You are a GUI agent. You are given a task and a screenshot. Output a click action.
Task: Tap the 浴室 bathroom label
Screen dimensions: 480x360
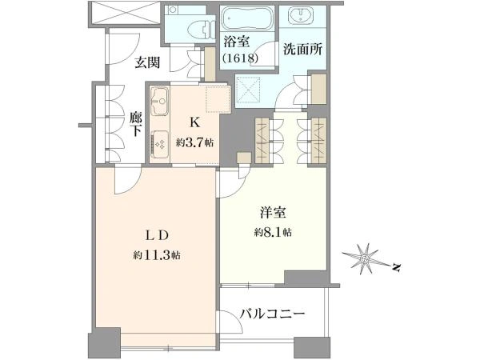[237, 42]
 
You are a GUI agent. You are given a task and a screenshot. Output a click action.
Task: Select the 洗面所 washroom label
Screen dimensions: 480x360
[302, 50]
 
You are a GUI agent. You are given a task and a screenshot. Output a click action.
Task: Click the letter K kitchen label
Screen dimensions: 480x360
[194, 122]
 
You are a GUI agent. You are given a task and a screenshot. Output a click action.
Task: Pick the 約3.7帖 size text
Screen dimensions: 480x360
[194, 142]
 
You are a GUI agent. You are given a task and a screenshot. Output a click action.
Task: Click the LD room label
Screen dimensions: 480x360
[157, 235]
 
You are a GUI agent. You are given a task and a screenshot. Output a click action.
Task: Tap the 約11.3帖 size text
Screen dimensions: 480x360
[157, 255]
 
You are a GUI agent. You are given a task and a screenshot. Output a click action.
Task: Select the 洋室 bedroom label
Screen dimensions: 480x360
[273, 213]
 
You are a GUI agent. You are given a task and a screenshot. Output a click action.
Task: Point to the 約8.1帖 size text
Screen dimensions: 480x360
[273, 233]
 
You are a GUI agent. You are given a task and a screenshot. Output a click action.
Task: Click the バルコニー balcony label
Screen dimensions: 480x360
[272, 314]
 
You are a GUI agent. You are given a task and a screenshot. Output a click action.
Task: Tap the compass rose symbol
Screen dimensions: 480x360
[364, 259]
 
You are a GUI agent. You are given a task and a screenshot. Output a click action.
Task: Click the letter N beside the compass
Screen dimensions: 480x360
[397, 267]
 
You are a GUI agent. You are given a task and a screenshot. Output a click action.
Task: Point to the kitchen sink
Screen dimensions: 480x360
[159, 101]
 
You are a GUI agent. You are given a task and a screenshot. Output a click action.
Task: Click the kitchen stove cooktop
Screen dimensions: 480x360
[160, 145]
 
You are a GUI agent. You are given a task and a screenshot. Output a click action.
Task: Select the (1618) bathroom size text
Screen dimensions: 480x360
[241, 58]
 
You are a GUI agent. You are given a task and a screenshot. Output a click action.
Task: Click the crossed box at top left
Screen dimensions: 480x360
[126, 13]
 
